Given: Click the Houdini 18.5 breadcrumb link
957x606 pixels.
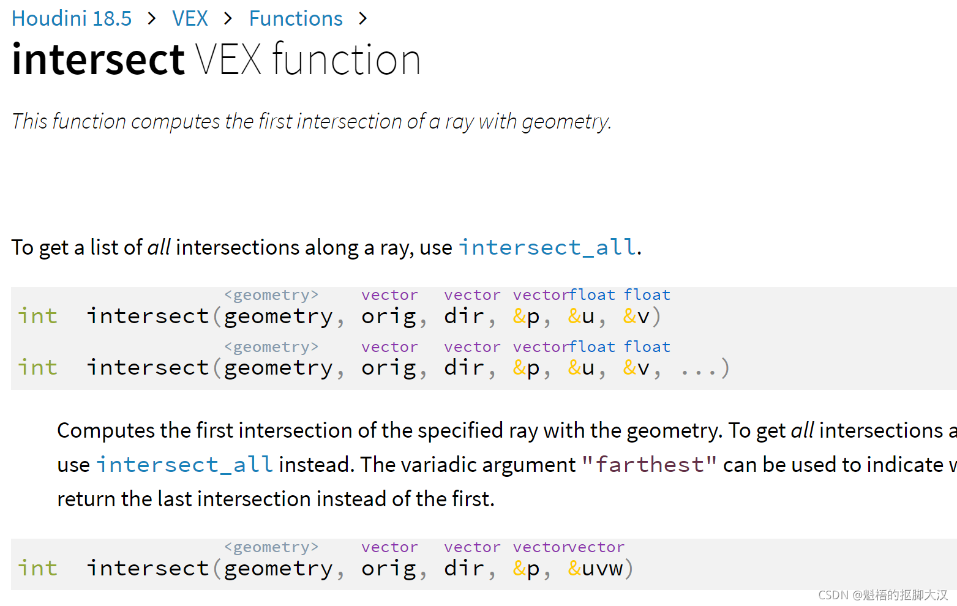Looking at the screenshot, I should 72,18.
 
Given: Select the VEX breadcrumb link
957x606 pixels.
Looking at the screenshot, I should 190,18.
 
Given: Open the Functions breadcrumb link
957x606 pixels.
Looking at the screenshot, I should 296,18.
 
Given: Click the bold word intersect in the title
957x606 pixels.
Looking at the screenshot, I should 98,59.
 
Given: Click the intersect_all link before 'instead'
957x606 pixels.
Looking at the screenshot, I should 185,465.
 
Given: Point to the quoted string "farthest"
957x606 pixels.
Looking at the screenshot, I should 649,465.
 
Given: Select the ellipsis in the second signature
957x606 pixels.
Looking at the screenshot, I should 697,368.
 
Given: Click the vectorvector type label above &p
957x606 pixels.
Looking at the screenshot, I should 569,547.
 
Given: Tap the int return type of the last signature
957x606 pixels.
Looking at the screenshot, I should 37,569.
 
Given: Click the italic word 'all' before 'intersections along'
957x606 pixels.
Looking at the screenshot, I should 159,247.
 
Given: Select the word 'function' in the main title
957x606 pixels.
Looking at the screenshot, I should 347,59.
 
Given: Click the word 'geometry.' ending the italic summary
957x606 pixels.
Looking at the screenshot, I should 566,121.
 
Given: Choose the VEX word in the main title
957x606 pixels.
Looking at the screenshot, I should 228,59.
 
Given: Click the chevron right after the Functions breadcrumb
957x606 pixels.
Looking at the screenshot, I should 363,18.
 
